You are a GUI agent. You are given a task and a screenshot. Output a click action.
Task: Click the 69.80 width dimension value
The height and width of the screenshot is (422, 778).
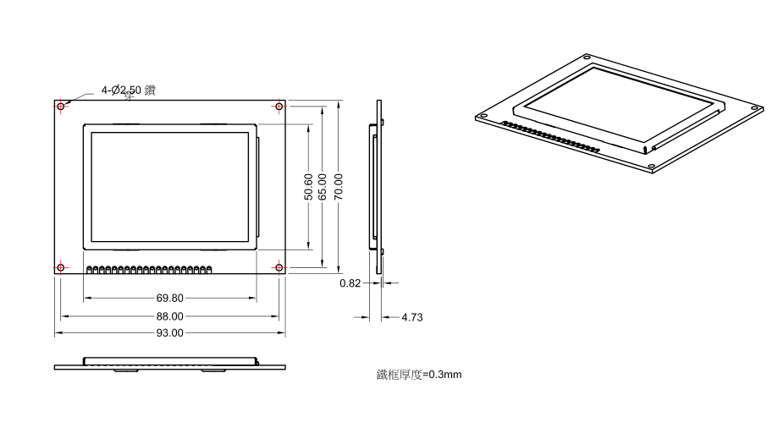170,299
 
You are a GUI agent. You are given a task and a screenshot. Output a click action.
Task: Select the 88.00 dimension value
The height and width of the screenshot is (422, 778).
170,315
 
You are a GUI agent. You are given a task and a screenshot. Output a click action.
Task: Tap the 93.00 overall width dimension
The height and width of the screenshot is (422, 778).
170,332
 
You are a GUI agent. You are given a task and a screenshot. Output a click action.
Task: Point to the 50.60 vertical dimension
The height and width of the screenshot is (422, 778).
309,187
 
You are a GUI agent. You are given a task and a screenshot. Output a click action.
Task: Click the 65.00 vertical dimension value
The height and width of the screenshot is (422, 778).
323,187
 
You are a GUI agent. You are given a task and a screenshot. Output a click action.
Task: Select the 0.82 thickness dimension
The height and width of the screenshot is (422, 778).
350,283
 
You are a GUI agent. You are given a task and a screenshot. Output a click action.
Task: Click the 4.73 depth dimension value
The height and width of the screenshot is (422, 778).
412,318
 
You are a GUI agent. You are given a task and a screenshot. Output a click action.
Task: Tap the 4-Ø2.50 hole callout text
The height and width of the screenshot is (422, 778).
128,90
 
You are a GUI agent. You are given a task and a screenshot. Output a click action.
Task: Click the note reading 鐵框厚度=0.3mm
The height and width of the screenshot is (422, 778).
419,374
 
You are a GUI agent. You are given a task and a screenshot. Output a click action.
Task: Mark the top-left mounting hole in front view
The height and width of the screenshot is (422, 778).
61,107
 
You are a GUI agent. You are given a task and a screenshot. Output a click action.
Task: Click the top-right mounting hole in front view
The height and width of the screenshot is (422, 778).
279,107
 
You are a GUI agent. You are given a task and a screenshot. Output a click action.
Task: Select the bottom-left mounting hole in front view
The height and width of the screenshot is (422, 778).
61,268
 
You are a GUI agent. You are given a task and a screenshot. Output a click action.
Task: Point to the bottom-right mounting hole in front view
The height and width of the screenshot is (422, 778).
279,268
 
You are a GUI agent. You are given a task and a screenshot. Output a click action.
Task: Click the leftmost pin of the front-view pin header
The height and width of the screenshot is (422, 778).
90,270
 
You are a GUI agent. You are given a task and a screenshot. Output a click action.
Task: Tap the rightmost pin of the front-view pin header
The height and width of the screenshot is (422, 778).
209,270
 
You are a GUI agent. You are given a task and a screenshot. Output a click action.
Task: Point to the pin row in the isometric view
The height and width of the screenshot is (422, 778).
550,135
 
